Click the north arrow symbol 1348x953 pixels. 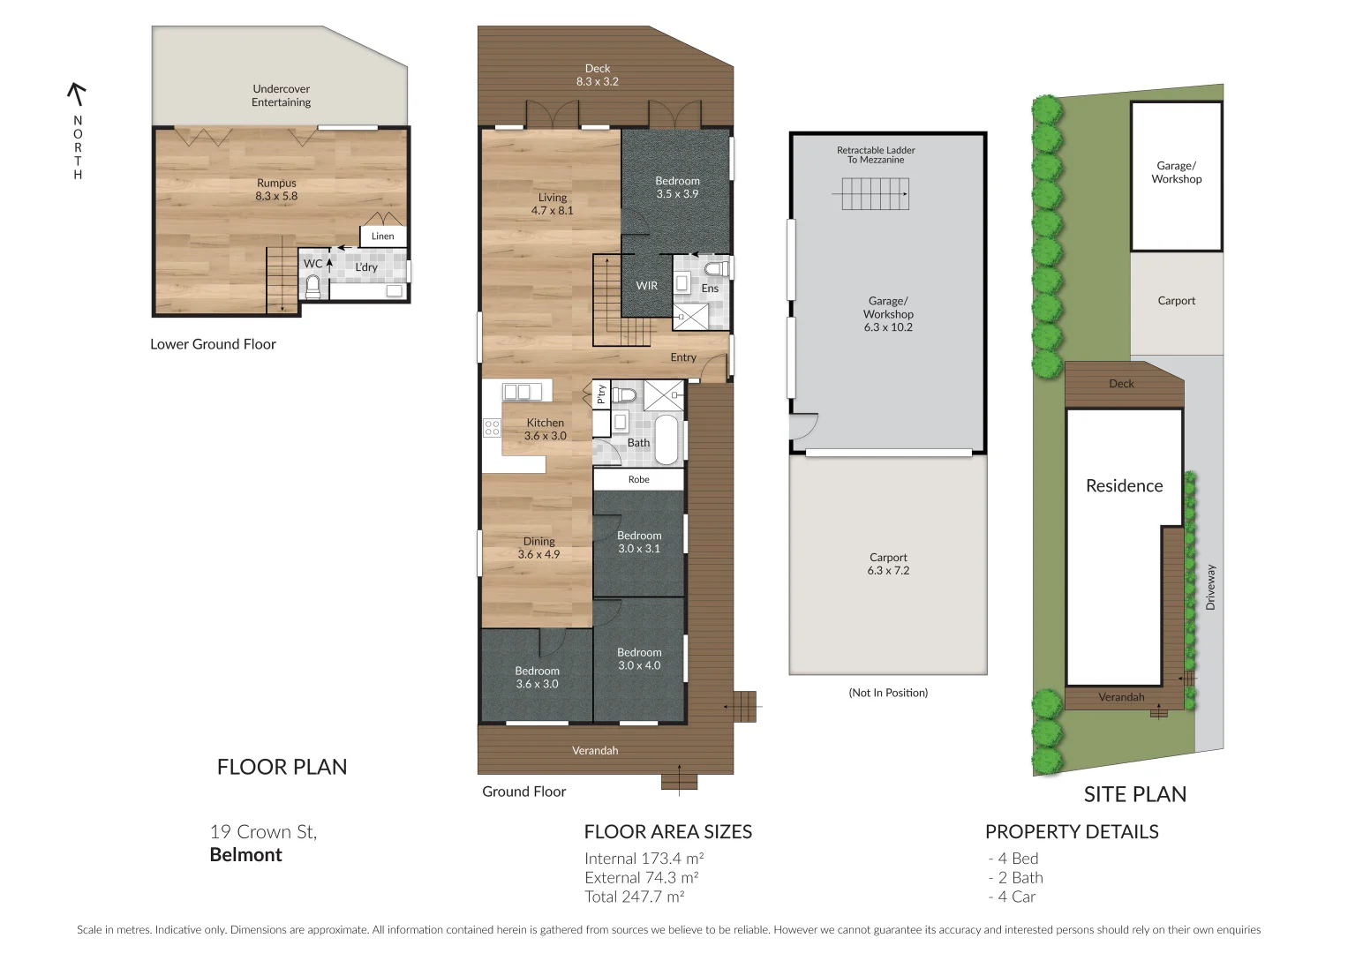tap(78, 93)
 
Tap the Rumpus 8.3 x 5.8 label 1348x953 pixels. tap(276, 190)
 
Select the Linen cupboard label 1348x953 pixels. tap(383, 236)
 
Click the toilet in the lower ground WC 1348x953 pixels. tap(313, 286)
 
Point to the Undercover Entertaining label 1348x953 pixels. tap(281, 95)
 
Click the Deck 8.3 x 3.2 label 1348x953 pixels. tap(598, 75)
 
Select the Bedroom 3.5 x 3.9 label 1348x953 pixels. tap(677, 187)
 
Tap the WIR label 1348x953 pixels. tap(647, 286)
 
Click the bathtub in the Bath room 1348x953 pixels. tap(666, 440)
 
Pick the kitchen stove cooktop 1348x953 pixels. tap(492, 428)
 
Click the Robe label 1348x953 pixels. tap(638, 480)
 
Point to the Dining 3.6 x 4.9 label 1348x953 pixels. tap(538, 548)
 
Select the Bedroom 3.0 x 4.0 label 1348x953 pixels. tap(639, 659)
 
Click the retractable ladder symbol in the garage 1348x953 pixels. tap(875, 193)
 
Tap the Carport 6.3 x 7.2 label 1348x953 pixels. tap(888, 564)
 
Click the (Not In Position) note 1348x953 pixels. tap(888, 693)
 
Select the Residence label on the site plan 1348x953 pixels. tap(1124, 486)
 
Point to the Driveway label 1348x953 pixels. tap(1210, 587)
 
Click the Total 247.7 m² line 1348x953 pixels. tap(634, 897)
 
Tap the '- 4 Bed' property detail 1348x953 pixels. tap(1013, 859)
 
